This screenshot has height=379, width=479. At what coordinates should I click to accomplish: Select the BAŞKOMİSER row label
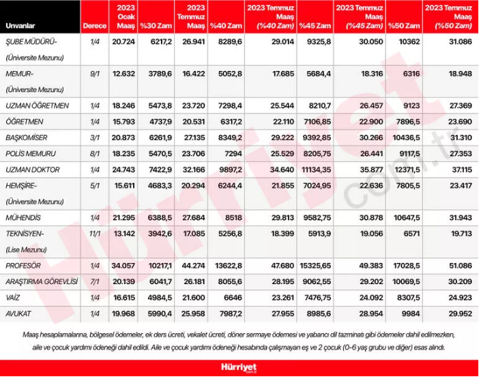(27, 137)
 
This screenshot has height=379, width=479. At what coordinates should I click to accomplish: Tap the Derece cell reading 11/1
(93, 234)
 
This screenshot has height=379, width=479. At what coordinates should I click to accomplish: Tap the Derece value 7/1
(93, 280)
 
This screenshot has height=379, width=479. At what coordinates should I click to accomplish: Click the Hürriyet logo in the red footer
(239, 369)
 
